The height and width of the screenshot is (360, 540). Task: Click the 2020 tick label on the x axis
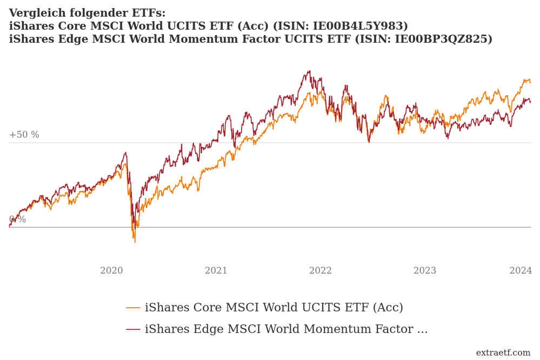click(x=111, y=271)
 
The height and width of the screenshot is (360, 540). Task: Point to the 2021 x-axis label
click(x=216, y=271)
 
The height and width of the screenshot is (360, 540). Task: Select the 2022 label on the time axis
click(x=320, y=271)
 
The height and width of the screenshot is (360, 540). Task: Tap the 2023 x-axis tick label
click(x=424, y=271)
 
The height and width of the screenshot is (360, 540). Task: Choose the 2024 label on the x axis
click(x=521, y=271)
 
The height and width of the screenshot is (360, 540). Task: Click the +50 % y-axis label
click(x=24, y=135)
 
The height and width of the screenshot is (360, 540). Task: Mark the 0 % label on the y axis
click(x=17, y=219)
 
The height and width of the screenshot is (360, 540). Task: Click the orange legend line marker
click(x=133, y=308)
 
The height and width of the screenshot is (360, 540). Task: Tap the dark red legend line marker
click(x=133, y=329)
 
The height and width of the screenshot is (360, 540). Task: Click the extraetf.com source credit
click(x=503, y=353)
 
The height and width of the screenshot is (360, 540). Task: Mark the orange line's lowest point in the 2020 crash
click(x=135, y=242)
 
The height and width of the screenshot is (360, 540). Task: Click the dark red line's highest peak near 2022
click(x=309, y=71)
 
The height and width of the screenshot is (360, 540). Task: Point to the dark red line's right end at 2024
click(x=530, y=102)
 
